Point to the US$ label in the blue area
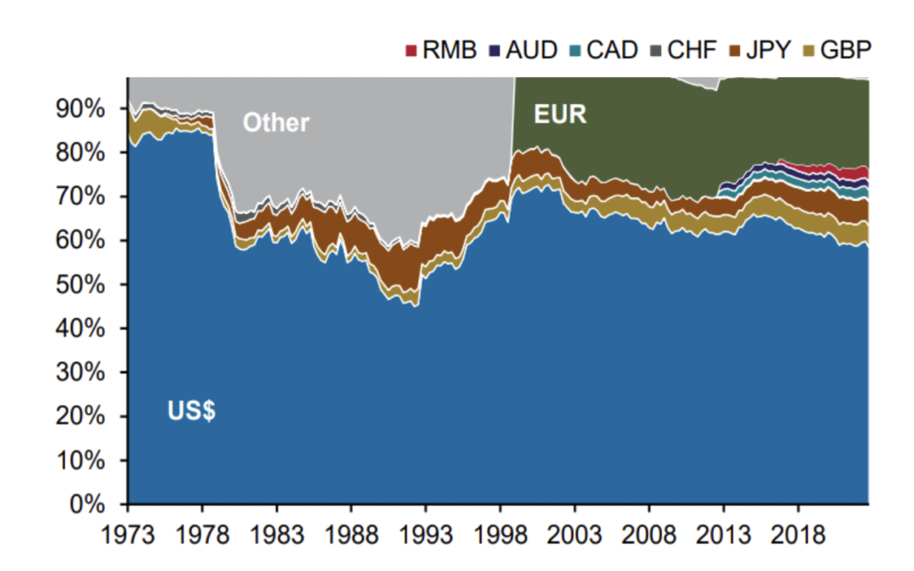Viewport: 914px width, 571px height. pos(191,414)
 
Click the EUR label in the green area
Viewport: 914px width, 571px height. pos(559,114)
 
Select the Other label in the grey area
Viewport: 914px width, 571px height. pos(276,123)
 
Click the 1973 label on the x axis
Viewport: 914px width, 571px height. pos(129,536)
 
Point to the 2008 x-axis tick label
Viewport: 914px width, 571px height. pos(649,536)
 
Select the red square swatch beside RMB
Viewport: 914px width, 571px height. pos(412,51)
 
